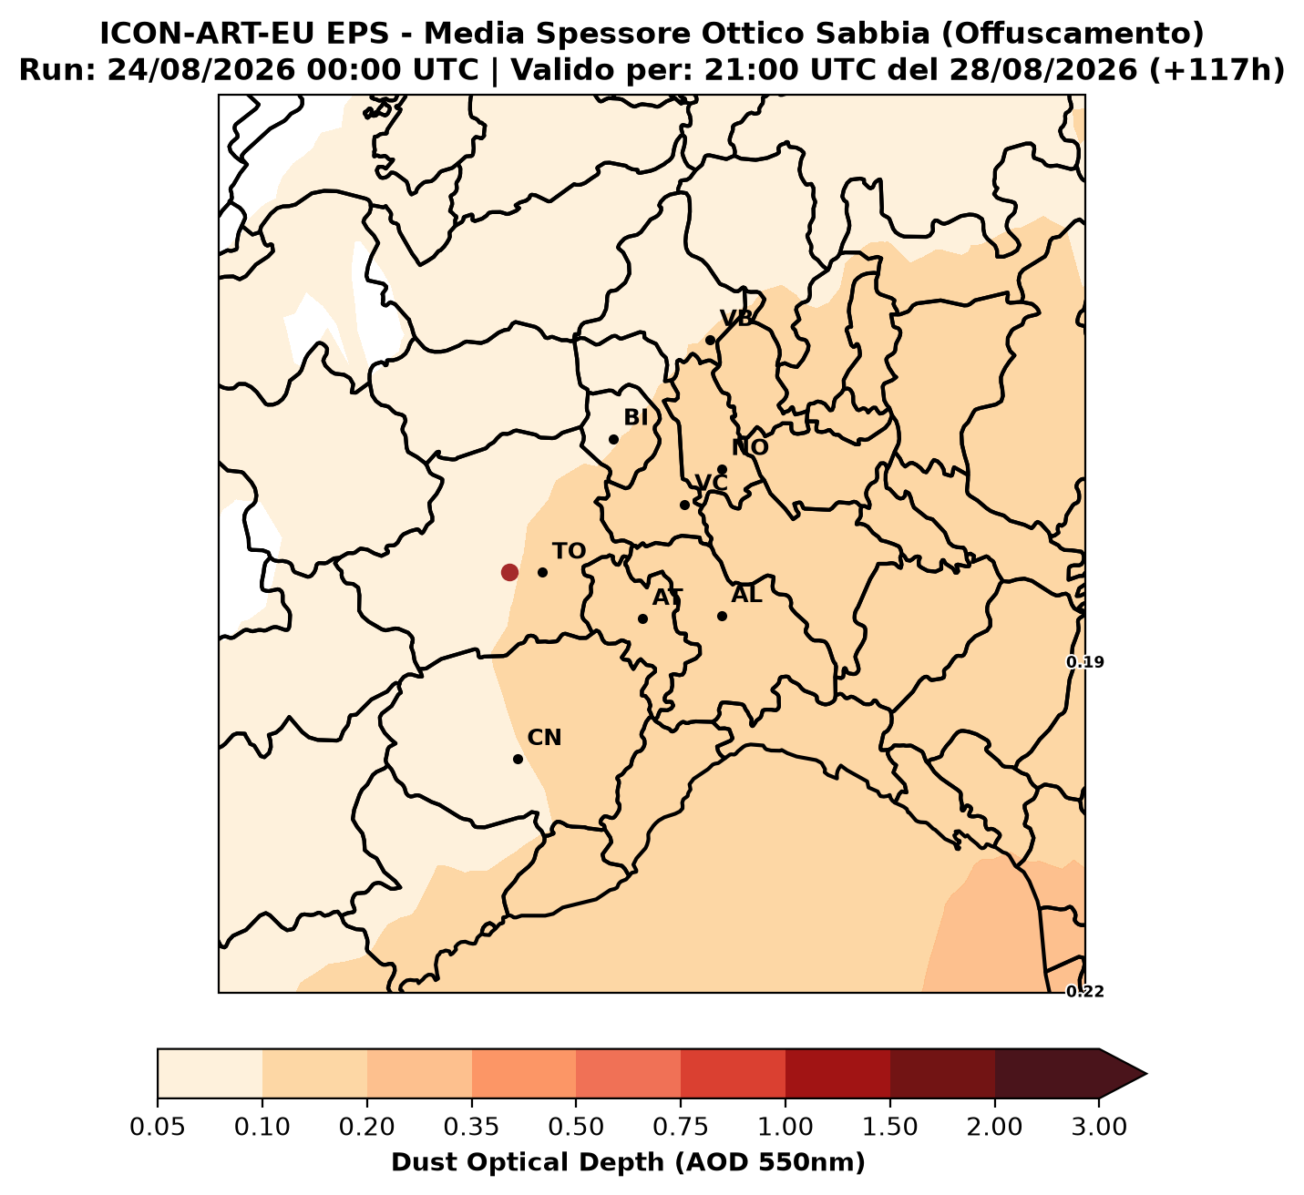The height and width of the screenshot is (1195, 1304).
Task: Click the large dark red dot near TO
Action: click(x=509, y=573)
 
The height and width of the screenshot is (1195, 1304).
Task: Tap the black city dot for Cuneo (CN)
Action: click(x=519, y=759)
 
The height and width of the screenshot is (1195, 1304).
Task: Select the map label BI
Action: click(x=636, y=417)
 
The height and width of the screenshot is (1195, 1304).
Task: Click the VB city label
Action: click(x=736, y=318)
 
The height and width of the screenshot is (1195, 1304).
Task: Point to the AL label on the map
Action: click(x=746, y=594)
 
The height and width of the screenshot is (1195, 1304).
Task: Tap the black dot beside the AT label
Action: click(x=643, y=618)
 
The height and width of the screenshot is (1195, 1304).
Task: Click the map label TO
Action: click(x=570, y=551)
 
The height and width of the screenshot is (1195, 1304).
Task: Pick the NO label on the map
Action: click(x=750, y=447)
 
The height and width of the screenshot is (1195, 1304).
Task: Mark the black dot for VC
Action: click(x=684, y=505)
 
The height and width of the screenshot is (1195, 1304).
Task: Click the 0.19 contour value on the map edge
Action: click(x=1085, y=662)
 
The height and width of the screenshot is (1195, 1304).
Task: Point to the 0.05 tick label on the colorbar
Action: click(x=158, y=1127)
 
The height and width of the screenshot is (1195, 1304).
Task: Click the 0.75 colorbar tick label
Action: click(x=681, y=1127)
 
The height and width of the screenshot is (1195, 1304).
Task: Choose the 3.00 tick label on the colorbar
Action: click(x=1099, y=1127)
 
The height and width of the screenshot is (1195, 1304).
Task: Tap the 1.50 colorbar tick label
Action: click(x=890, y=1127)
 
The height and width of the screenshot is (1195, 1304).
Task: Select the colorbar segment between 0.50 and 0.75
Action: click(x=628, y=1074)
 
